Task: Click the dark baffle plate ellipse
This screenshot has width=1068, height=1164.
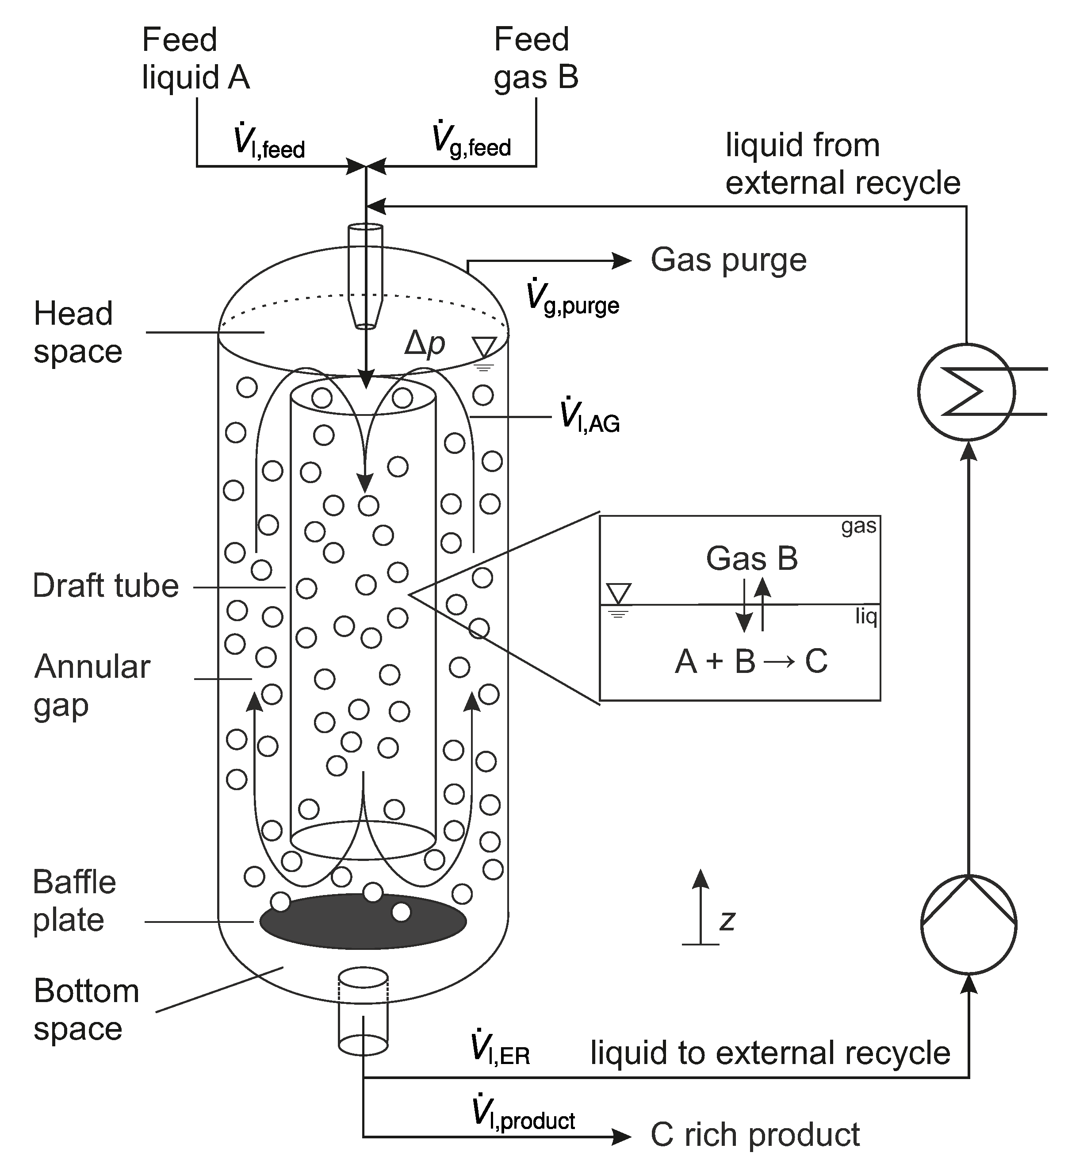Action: tap(363, 922)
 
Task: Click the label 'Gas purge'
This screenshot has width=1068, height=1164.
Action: tap(728, 260)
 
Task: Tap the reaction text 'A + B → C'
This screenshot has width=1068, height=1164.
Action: tap(751, 661)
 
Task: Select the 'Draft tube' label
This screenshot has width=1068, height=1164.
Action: tap(106, 586)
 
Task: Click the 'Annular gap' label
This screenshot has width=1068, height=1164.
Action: tap(91, 686)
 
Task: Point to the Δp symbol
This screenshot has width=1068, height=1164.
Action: tap(425, 345)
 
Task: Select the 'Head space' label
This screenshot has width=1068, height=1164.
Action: tap(77, 333)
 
